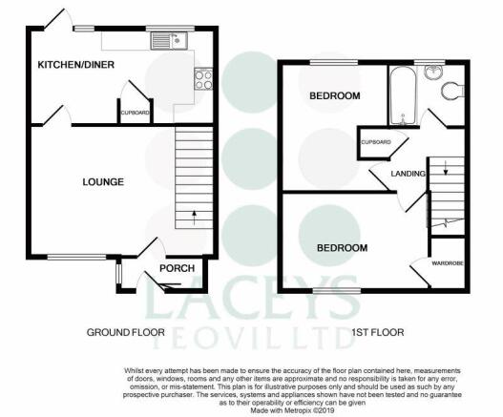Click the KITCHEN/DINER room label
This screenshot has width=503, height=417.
pyautogui.click(x=76, y=65)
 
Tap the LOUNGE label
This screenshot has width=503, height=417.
pyautogui.click(x=103, y=182)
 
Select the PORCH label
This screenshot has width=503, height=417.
pyautogui.click(x=178, y=268)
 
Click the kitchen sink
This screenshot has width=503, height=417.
pyautogui.click(x=169, y=41)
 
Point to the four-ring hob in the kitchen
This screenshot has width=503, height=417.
pyautogui.click(x=203, y=79)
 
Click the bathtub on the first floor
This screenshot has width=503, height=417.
pyautogui.click(x=402, y=94)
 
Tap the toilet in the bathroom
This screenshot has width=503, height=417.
pyautogui.click(x=452, y=90)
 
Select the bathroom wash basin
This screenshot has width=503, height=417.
pyautogui.click(x=433, y=72)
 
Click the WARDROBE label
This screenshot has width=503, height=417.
pyautogui.click(x=448, y=263)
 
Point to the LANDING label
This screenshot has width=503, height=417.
pyautogui.click(x=409, y=174)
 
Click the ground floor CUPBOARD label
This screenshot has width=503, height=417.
pyautogui.click(x=135, y=113)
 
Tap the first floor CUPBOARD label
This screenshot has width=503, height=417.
pyautogui.click(x=376, y=142)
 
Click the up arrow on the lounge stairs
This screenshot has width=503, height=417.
pyautogui.click(x=194, y=218)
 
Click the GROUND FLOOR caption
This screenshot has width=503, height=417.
pyautogui.click(x=126, y=332)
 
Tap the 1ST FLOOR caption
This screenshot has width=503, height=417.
pyautogui.click(x=378, y=332)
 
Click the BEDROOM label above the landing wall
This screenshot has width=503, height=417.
pyautogui.click(x=335, y=95)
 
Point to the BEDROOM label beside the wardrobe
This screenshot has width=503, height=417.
pyautogui.click(x=343, y=248)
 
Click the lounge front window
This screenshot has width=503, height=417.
pyautogui.click(x=76, y=257)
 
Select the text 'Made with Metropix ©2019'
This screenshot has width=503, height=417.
pyautogui.click(x=293, y=410)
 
